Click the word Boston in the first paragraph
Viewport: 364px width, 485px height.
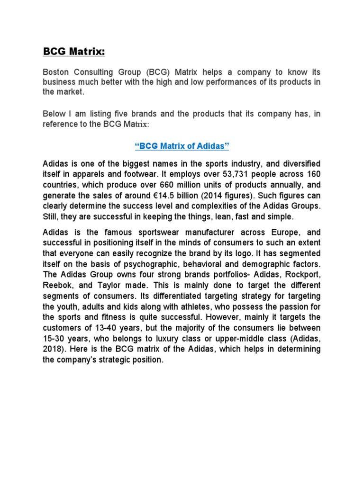pos(57,72)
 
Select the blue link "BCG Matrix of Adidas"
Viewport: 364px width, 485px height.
pos(182,146)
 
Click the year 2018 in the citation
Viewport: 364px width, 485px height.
pos(54,349)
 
